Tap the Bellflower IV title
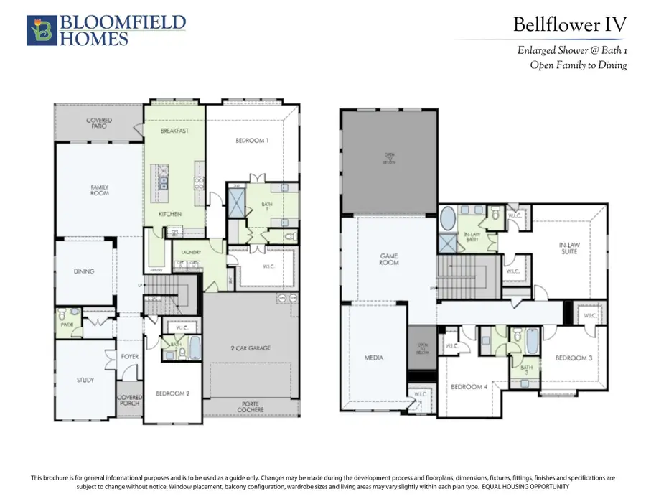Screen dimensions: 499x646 (569, 24)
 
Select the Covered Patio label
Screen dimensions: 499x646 (99, 123)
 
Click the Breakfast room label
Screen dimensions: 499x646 (174, 131)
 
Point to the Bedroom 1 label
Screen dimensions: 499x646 (252, 141)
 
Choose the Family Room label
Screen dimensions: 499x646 (99, 190)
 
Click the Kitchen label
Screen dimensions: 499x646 (170, 214)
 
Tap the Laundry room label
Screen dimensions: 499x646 (192, 252)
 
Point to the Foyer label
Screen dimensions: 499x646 (129, 355)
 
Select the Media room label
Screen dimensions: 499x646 (374, 357)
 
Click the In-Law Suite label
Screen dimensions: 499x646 (573, 248)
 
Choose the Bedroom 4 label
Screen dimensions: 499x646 (467, 387)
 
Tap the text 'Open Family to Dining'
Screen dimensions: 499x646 (578, 65)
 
